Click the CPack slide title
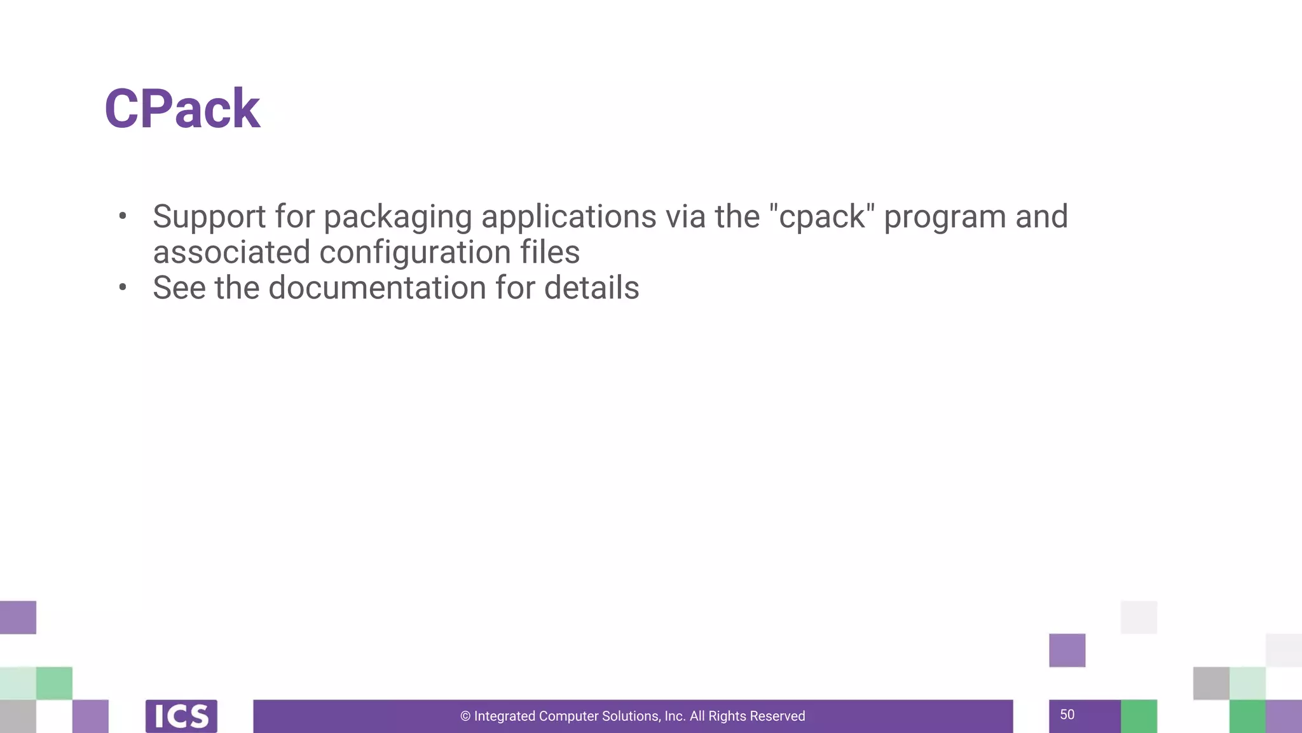pos(182,109)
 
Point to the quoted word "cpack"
pos(821,217)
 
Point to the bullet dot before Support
pos(123,216)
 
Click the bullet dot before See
pos(123,288)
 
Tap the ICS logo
pos(181,716)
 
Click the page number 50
pos(1067,715)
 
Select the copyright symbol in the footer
pos(465,716)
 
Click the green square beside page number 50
pos(1139,716)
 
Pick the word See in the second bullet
pos(179,288)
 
